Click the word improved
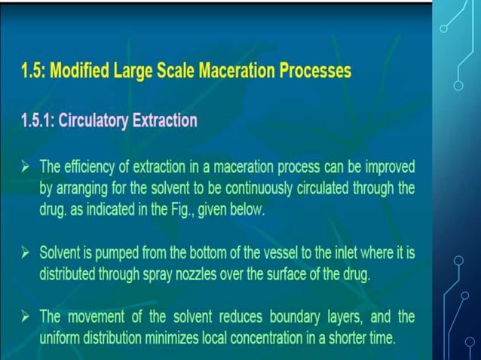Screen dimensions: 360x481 click(x=387, y=166)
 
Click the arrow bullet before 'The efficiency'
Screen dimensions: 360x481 click(x=26, y=166)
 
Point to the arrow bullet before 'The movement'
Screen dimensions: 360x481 click(x=26, y=317)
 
